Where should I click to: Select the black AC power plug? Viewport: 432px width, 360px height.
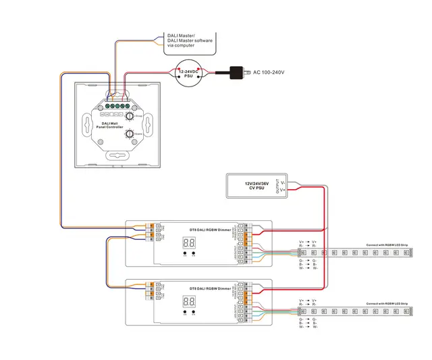(237, 72)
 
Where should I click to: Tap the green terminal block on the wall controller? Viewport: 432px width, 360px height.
(117, 105)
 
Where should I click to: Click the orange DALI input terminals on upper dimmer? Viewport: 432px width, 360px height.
(153, 231)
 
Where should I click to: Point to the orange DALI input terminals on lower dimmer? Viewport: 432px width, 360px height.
(153, 289)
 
